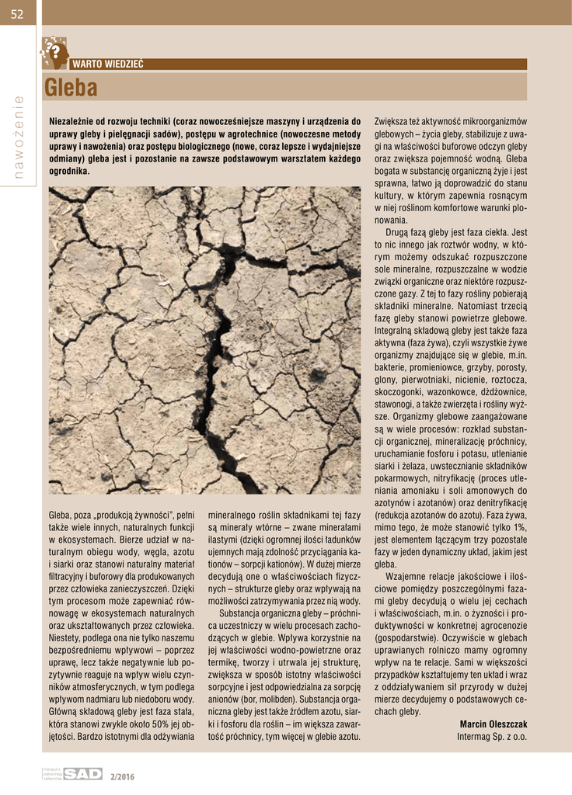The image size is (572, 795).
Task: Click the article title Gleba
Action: click(71, 89)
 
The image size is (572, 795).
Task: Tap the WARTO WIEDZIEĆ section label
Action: click(107, 64)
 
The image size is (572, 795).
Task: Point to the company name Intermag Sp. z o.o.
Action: click(491, 735)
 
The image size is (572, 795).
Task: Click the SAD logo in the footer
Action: click(82, 773)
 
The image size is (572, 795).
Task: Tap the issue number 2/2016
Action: click(122, 775)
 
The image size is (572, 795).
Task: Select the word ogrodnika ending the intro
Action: click(69, 170)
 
